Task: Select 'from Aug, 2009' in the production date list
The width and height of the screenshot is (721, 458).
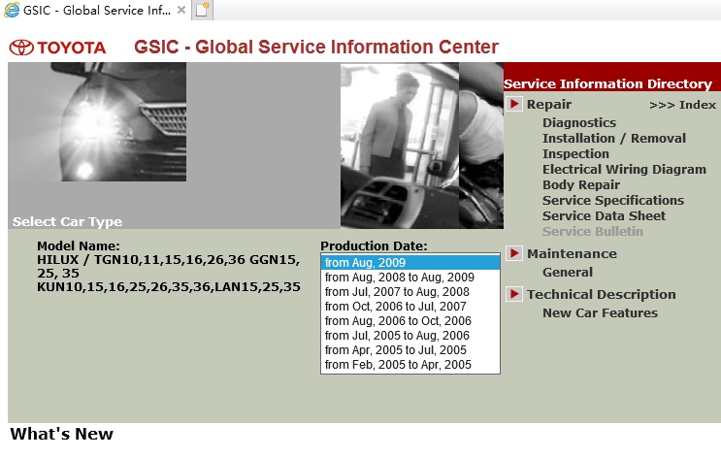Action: pyautogui.click(x=365, y=263)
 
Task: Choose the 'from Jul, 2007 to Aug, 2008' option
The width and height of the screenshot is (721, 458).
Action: pyautogui.click(x=397, y=291)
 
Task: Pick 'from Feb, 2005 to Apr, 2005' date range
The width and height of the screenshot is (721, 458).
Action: pyautogui.click(x=398, y=364)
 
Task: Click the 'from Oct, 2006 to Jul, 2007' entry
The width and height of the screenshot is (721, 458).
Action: pyautogui.click(x=396, y=307)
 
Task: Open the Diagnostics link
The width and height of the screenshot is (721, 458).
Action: pyautogui.click(x=579, y=123)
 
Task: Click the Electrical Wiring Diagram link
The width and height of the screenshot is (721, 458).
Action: pyautogui.click(x=624, y=169)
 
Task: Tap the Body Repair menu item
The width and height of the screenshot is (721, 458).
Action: pyautogui.click(x=581, y=185)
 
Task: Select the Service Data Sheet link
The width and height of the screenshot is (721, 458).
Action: pyautogui.click(x=604, y=215)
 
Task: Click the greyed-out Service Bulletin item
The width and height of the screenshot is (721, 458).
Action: pyautogui.click(x=593, y=231)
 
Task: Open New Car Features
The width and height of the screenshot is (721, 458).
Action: pyautogui.click(x=600, y=312)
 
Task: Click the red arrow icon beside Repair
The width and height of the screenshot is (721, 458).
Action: pyautogui.click(x=514, y=104)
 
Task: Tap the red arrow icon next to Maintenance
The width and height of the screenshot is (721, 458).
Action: pyautogui.click(x=514, y=253)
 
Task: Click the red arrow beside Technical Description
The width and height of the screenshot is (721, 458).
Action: pyautogui.click(x=514, y=294)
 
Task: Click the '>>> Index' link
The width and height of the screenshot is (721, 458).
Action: pyautogui.click(x=683, y=105)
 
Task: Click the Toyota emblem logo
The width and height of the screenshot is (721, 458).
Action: pyautogui.click(x=21, y=48)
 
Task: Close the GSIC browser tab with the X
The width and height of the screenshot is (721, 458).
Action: pyautogui.click(x=181, y=10)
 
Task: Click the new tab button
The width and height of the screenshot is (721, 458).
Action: pyautogui.click(x=202, y=9)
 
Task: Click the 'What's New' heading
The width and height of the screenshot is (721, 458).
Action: pyautogui.click(x=61, y=434)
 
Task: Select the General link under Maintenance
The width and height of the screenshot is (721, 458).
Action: pyautogui.click(x=568, y=273)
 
